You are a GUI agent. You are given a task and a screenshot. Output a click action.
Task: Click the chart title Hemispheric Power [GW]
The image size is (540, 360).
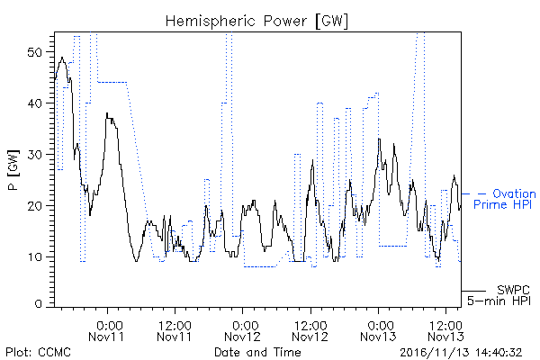[256, 22]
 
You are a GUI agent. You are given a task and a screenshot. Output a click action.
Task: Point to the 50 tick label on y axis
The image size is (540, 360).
[34, 52]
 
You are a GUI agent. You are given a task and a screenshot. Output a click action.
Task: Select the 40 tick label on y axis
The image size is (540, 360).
[34, 103]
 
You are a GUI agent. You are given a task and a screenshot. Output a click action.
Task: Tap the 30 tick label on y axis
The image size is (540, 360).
[34, 155]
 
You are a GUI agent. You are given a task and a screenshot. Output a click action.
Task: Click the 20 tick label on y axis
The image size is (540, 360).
[34, 206]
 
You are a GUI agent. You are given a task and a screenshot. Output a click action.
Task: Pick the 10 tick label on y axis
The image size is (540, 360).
[34, 257]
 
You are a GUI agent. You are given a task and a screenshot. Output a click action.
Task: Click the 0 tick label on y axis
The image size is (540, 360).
[38, 304]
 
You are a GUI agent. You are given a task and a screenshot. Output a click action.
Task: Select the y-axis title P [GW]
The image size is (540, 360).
[13, 170]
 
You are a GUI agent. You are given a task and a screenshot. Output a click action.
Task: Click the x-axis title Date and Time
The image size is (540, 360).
[257, 352]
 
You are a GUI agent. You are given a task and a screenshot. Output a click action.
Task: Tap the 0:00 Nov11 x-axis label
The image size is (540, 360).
[106, 331]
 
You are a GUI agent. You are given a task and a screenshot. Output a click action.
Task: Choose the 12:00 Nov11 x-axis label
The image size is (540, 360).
[175, 331]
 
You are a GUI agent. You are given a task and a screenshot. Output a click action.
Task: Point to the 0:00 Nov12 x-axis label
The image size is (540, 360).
[242, 331]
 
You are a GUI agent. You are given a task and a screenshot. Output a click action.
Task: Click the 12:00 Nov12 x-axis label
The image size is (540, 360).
[310, 331]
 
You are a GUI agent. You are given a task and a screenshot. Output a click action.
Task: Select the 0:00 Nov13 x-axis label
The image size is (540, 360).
[378, 331]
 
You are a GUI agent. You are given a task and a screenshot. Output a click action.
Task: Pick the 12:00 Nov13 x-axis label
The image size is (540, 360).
[446, 331]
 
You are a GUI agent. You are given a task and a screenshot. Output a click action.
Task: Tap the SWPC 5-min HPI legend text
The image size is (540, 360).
[499, 295]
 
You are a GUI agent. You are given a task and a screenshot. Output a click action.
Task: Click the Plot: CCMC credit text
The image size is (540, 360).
[38, 352]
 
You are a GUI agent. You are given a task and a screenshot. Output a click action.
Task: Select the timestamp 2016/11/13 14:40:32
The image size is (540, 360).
[461, 353]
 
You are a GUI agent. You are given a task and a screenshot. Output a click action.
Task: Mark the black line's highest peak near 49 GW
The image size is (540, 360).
[62, 58]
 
